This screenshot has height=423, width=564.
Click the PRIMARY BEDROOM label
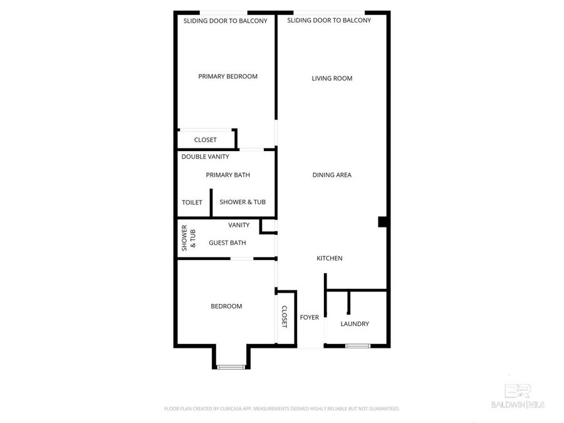pyautogui.click(x=227, y=76)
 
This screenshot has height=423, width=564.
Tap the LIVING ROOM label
pyautogui.click(x=332, y=78)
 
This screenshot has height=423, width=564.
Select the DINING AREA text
pyautogui.click(x=332, y=175)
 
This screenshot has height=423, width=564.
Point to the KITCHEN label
pyautogui.click(x=329, y=258)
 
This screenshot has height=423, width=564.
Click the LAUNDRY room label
pyautogui.click(x=355, y=324)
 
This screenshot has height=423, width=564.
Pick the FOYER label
pyautogui.click(x=310, y=317)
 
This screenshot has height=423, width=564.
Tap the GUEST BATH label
pyautogui.click(x=227, y=243)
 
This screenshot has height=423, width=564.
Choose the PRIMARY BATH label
pyautogui.click(x=227, y=175)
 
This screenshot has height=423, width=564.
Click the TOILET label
pyautogui.click(x=192, y=202)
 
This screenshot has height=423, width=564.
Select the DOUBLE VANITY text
pyautogui.click(x=205, y=156)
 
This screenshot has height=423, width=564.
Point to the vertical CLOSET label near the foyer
pyautogui.click(x=284, y=316)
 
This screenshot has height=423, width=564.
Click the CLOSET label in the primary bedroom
pyautogui.click(x=205, y=140)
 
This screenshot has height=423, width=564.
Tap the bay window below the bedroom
pyautogui.click(x=231, y=366)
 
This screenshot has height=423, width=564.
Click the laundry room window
pyautogui.click(x=358, y=345)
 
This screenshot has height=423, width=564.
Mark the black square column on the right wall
pyautogui.click(x=382, y=221)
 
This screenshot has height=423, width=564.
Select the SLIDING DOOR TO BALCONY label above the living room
pyautogui.click(x=329, y=20)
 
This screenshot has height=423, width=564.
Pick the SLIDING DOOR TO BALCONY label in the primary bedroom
pyautogui.click(x=225, y=21)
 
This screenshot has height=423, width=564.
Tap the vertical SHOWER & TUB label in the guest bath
pyautogui.click(x=189, y=238)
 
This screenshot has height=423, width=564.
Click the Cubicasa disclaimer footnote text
pyautogui.click(x=281, y=409)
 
